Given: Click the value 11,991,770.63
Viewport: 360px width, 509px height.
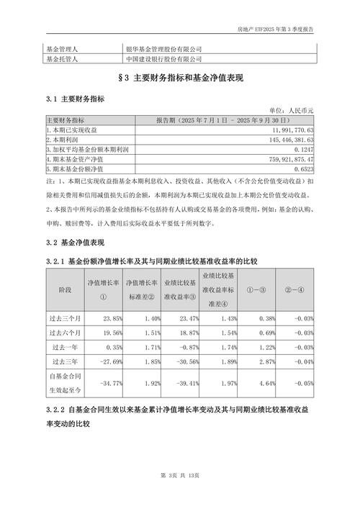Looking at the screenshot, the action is pyautogui.click(x=292, y=129).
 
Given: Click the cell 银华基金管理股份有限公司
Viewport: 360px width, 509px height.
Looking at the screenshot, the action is pyautogui.click(x=164, y=48).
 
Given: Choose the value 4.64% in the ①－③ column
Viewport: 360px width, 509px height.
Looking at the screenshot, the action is pyautogui.click(x=266, y=384).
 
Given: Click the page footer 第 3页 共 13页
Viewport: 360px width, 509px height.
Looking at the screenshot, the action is pyautogui.click(x=180, y=495).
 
